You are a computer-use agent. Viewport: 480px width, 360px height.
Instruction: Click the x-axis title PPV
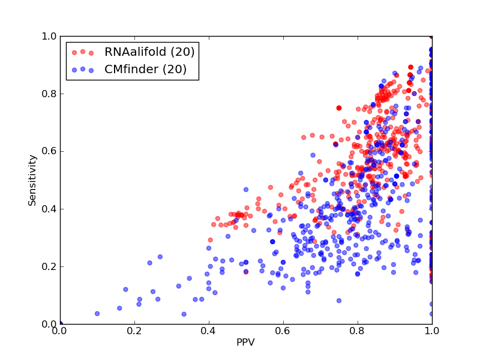[x=245, y=342]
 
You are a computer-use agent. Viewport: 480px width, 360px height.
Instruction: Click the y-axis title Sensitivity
[x=32, y=181]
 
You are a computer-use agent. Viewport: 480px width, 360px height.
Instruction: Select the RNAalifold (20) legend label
[x=149, y=52]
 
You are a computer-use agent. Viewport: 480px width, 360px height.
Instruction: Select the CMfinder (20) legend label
[x=145, y=69]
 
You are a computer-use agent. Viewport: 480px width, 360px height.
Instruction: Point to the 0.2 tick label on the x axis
[x=134, y=331]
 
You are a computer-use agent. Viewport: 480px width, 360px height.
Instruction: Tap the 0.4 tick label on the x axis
[x=209, y=331]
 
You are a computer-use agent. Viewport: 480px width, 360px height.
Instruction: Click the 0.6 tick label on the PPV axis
[x=283, y=331]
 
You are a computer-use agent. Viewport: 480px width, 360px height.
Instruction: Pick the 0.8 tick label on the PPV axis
[x=358, y=331]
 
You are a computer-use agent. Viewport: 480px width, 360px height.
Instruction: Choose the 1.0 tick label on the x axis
[x=432, y=331]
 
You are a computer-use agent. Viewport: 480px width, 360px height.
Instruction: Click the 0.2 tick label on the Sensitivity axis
[x=49, y=266]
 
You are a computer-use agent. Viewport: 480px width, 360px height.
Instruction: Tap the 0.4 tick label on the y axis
[x=49, y=209]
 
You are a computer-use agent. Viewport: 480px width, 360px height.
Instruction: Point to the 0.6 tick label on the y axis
[x=49, y=152]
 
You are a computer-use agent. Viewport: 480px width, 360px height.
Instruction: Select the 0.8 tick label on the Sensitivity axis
[x=49, y=94]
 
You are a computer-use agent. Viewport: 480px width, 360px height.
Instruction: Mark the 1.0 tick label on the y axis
[x=49, y=36]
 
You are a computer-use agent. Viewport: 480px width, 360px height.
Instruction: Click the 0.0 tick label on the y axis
[x=49, y=324]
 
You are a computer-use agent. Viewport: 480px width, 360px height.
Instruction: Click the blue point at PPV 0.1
[x=97, y=313]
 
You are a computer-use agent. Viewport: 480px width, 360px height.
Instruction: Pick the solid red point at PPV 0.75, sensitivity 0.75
[x=339, y=108]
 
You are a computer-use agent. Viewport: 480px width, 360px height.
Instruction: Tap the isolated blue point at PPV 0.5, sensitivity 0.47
[x=246, y=190]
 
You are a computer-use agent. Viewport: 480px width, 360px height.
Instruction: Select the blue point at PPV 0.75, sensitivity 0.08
[x=339, y=301]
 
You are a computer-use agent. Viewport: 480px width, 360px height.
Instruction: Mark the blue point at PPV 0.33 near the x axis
[x=184, y=314]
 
